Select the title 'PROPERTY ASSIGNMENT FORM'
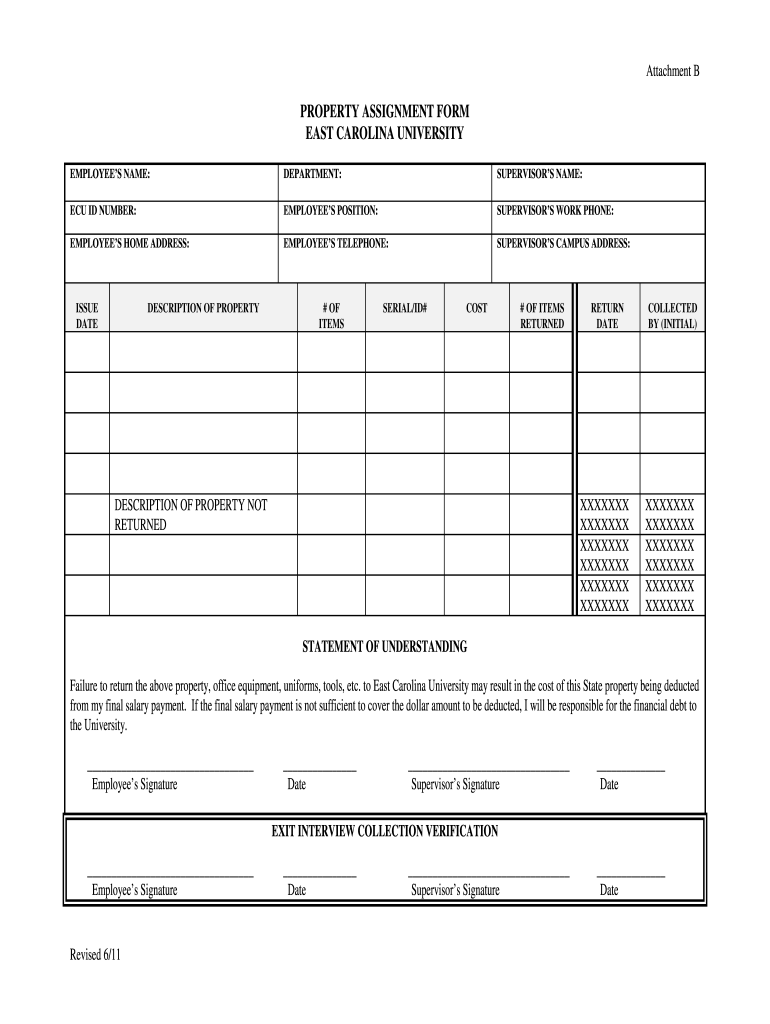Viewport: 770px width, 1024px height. pyautogui.click(x=385, y=111)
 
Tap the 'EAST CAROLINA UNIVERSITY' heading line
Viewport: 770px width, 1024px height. pyautogui.click(x=385, y=133)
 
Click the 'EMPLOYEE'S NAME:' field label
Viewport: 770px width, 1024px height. pyautogui.click(x=110, y=175)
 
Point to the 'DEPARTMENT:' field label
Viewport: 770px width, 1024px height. pyautogui.click(x=312, y=175)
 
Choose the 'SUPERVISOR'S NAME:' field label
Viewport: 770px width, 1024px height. pyautogui.click(x=539, y=175)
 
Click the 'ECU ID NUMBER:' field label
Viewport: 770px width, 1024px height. pyautogui.click(x=103, y=211)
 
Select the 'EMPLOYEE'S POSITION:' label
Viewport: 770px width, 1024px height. pyautogui.click(x=330, y=211)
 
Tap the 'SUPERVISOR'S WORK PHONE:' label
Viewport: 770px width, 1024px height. pyautogui.click(x=555, y=211)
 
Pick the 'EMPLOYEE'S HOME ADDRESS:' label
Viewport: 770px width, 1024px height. pyautogui.click(x=129, y=243)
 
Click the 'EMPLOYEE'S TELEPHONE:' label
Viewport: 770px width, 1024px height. pyautogui.click(x=336, y=243)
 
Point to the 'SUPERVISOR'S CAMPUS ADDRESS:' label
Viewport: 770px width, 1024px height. pyautogui.click(x=563, y=243)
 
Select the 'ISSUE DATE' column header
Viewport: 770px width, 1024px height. pyautogui.click(x=87, y=316)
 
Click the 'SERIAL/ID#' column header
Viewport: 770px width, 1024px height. pyautogui.click(x=404, y=308)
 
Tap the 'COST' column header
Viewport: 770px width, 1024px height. pyautogui.click(x=476, y=308)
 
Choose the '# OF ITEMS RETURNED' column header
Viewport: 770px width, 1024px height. pyautogui.click(x=541, y=316)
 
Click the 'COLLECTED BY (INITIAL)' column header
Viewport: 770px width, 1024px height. pyautogui.click(x=673, y=316)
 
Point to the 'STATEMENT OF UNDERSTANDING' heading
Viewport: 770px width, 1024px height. pyautogui.click(x=385, y=647)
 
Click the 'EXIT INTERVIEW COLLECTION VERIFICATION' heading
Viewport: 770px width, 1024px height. pyautogui.click(x=385, y=831)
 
